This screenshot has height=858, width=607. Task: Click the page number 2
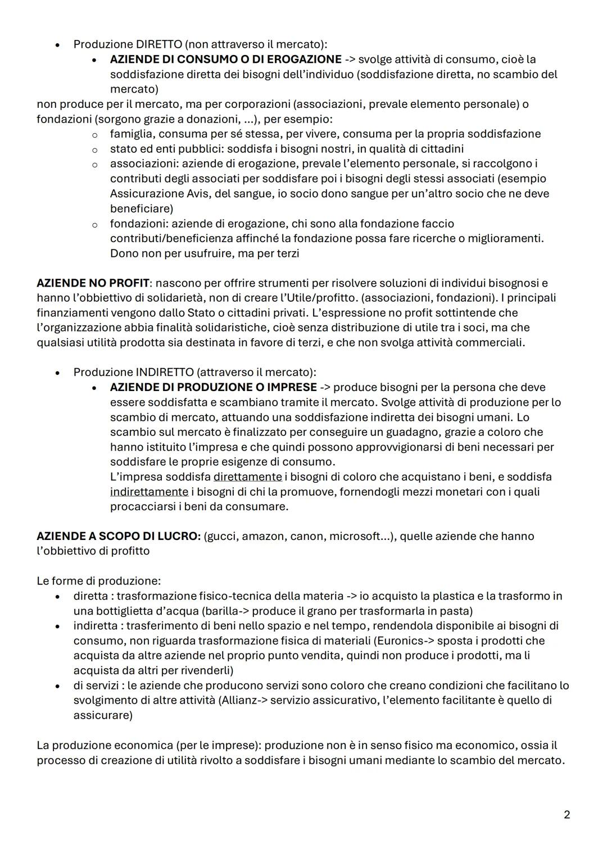(x=567, y=814)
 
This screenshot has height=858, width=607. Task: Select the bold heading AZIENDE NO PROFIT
(x=93, y=283)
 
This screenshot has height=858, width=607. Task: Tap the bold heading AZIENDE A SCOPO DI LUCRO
(x=118, y=536)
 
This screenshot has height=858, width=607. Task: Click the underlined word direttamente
(x=247, y=476)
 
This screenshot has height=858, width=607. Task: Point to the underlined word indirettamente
(x=149, y=492)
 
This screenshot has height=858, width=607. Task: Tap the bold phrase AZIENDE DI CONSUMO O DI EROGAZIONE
(x=225, y=59)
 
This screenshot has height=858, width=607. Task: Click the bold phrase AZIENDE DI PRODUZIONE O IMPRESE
(x=213, y=387)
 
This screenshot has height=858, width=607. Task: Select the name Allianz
(x=239, y=700)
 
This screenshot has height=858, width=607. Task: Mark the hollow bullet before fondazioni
(x=95, y=224)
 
